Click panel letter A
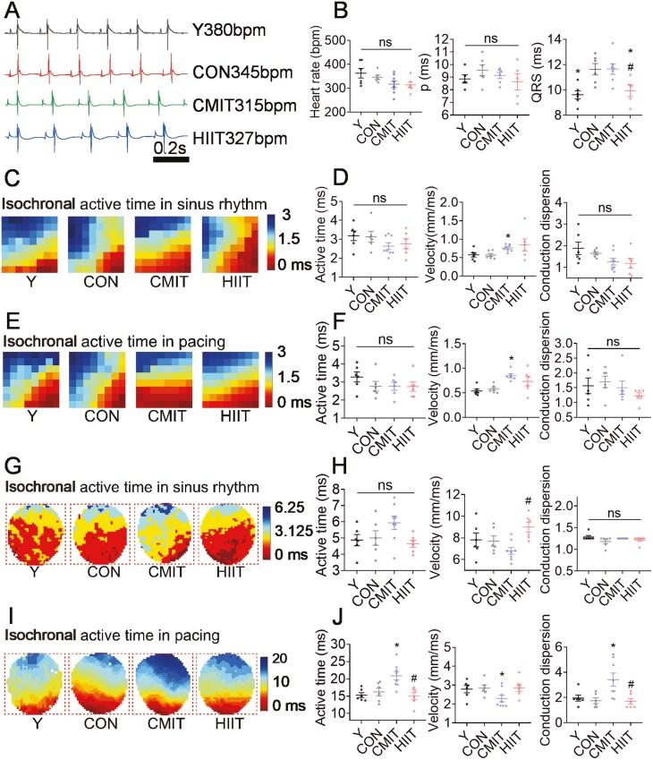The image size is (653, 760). [x=13, y=11]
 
